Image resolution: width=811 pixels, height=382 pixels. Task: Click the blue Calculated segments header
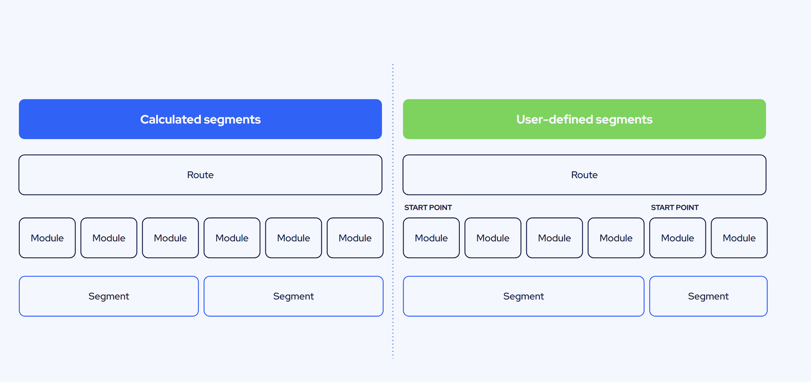tap(200, 119)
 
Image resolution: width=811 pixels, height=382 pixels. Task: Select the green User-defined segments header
tap(585, 119)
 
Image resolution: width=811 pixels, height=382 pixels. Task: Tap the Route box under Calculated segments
tap(200, 175)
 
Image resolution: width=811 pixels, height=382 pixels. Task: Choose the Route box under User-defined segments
tap(585, 175)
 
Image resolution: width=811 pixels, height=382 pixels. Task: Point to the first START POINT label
tap(428, 208)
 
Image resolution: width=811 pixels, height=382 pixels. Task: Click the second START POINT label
tap(675, 208)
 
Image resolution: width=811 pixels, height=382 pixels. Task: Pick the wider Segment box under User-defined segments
tap(524, 296)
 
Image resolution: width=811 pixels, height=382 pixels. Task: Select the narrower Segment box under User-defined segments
tap(708, 296)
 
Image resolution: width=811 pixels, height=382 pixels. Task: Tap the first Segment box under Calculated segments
tap(109, 296)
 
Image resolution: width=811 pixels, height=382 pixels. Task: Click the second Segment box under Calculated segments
tap(293, 296)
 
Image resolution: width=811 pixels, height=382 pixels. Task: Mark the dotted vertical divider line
tap(393, 211)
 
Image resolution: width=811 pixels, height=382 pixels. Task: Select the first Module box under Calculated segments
tap(47, 238)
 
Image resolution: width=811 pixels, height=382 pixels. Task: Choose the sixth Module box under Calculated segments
tap(355, 238)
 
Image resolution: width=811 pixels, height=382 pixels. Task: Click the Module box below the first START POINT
tap(431, 238)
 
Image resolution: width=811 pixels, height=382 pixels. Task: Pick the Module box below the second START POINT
tap(677, 238)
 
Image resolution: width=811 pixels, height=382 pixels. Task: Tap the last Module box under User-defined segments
tap(739, 238)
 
